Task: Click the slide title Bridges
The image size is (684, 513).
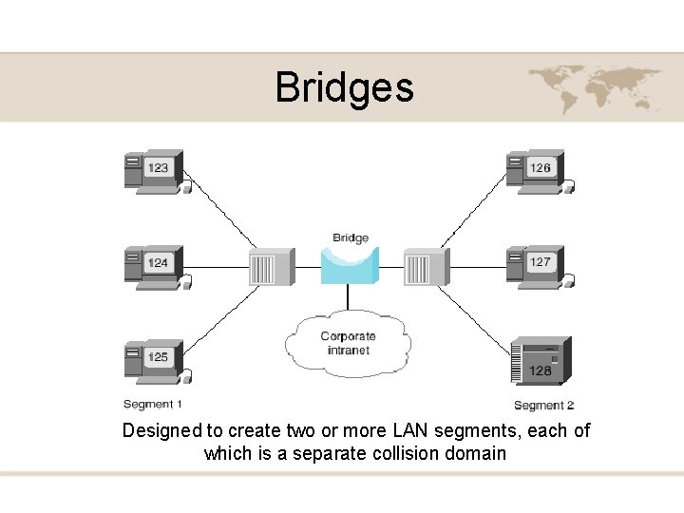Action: tap(344, 87)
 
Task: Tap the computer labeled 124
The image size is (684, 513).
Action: tap(154, 265)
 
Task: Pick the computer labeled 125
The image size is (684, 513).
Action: tap(154, 360)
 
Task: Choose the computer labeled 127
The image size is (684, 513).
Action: tap(537, 265)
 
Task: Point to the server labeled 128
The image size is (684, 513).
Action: tap(541, 360)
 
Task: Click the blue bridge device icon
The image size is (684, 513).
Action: tap(350, 265)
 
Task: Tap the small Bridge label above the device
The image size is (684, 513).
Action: tap(351, 237)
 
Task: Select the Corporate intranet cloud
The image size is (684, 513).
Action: tap(348, 343)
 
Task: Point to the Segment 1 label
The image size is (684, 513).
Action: tap(153, 404)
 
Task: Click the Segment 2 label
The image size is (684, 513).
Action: tap(543, 406)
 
